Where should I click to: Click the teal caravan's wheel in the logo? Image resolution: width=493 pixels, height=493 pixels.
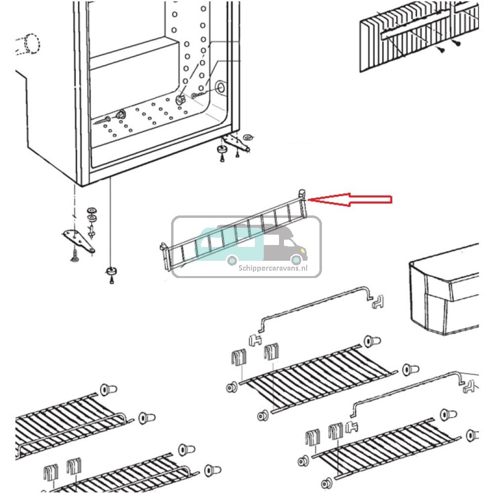click(231, 260)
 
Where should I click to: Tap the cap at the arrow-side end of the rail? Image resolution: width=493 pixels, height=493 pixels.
click(302, 193)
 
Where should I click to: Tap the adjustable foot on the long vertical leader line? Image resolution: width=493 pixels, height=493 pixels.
click(111, 272)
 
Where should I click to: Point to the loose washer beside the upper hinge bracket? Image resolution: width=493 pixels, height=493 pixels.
click(247, 136)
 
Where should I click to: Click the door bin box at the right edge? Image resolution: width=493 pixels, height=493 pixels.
click(444, 296)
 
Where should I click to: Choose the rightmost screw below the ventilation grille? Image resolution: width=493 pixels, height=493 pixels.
click(457, 44)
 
